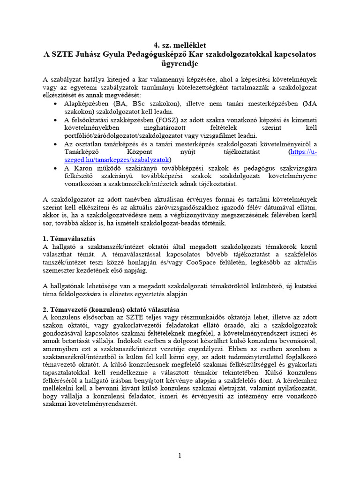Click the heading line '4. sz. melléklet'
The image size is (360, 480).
click(180, 45)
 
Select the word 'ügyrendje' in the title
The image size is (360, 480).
click(180, 63)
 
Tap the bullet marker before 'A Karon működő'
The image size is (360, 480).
click(56, 168)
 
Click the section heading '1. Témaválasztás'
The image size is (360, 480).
click(69, 239)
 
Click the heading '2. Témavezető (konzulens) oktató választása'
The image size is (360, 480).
click(111, 309)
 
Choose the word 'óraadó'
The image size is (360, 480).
click(244, 325)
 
